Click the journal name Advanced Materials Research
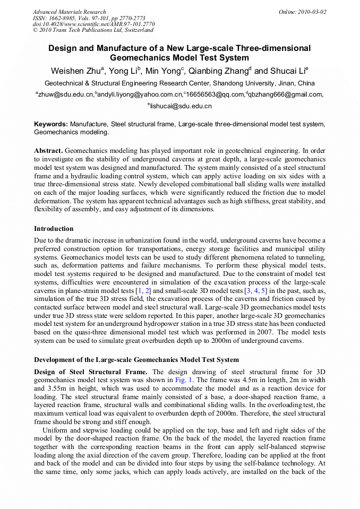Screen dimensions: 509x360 coord(69,12)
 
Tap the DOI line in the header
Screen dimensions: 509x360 coord(93,24)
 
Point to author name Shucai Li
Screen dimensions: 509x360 coord(287,71)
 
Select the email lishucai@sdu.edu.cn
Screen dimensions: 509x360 coord(181,106)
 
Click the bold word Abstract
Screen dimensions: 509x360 coord(49,151)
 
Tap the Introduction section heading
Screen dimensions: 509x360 coord(54,229)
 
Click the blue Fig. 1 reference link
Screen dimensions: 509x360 coord(183,380)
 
